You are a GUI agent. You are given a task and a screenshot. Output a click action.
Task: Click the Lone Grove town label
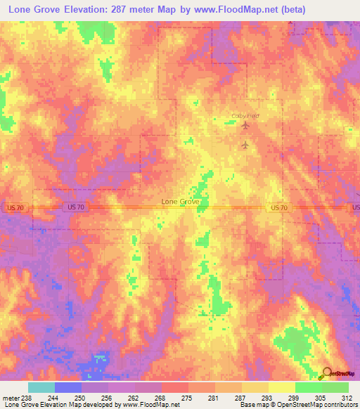tap(181, 201)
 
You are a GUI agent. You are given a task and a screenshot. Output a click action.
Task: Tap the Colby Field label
tap(245, 116)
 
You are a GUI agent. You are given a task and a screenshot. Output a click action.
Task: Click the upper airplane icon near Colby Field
tap(245, 126)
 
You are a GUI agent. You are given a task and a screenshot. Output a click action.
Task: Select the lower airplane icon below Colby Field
tap(245, 145)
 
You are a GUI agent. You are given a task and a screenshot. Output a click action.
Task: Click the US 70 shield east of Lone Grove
tap(278, 207)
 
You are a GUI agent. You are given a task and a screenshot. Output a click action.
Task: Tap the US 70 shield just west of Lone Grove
tap(77, 207)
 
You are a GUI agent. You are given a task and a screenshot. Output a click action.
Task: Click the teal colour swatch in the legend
tap(41, 387)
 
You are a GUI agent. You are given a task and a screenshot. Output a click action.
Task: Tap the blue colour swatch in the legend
tap(68, 387)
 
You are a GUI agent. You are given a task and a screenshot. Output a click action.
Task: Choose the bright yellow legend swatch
tap(281, 387)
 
